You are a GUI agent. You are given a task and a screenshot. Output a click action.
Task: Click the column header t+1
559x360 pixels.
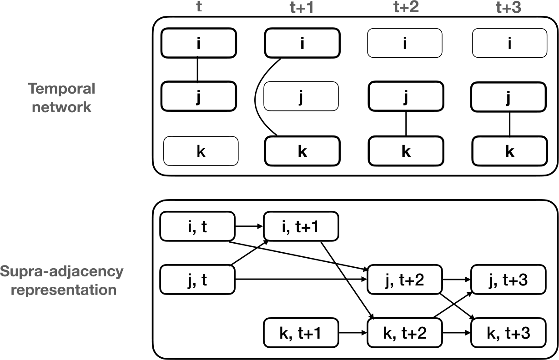click(302, 7)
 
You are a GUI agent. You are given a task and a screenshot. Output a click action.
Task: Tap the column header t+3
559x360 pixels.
click(509, 7)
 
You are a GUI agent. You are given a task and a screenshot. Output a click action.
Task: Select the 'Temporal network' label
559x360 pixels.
click(62, 98)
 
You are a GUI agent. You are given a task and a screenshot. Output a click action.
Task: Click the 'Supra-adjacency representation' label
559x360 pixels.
click(62, 280)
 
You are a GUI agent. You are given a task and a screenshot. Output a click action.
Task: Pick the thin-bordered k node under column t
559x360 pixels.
click(201, 151)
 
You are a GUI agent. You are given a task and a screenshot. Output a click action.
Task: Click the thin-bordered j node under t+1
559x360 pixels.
click(301, 96)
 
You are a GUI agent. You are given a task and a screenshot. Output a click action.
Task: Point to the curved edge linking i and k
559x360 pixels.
click(255, 100)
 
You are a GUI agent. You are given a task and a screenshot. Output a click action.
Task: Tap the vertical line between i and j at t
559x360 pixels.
click(198, 70)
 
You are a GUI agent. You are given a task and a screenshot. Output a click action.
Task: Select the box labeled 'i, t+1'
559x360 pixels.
click(301, 226)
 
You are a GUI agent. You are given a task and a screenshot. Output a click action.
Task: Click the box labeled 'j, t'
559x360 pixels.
click(197, 280)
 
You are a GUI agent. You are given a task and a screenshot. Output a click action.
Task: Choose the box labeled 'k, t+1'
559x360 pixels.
click(301, 333)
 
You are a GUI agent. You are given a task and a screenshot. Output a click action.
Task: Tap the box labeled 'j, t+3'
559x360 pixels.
click(509, 280)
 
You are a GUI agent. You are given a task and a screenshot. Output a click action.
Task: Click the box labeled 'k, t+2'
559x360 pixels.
click(405, 333)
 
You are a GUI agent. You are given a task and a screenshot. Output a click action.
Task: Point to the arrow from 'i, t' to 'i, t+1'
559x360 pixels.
click(249, 226)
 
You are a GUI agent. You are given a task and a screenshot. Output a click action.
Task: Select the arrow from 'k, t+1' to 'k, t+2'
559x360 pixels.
click(353, 333)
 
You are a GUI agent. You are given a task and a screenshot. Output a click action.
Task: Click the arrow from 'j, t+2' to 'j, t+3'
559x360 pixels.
click(457, 280)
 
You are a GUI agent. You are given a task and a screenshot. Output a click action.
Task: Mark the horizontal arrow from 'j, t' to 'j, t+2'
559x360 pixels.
click(301, 280)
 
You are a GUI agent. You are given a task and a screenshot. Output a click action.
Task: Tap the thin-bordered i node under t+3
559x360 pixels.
click(509, 43)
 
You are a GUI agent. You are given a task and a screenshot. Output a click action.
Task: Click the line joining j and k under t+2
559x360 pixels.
click(406, 124)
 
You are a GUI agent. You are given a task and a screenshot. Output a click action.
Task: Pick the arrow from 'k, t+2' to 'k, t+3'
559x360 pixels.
click(457, 333)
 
